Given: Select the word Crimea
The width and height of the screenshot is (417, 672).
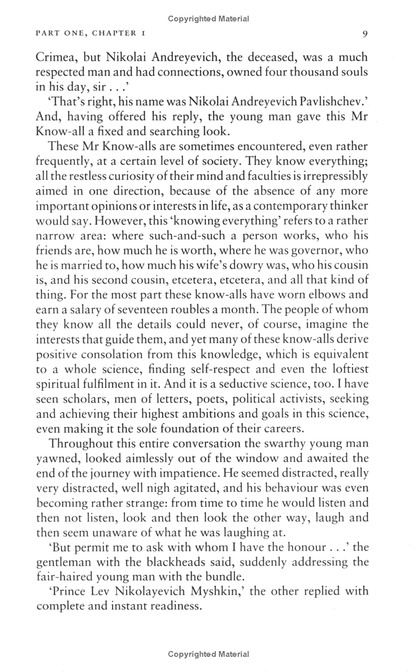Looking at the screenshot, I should [x=55, y=57].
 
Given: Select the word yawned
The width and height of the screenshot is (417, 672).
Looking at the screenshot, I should [x=56, y=459].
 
